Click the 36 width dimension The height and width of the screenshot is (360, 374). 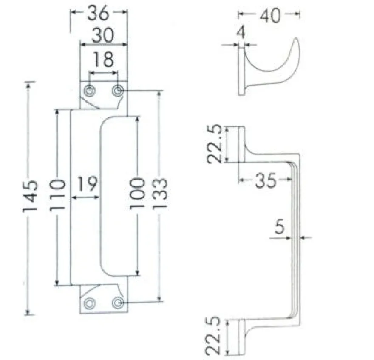click(98, 13)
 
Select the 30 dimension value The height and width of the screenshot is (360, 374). click(103, 35)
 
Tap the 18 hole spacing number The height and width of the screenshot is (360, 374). click(103, 59)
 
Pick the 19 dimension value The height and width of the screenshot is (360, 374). click(87, 184)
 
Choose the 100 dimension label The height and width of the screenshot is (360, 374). click(137, 194)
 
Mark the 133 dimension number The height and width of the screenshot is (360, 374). click(160, 194)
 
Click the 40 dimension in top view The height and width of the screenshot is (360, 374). click(270, 15)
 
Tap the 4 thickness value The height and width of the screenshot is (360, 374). click(241, 32)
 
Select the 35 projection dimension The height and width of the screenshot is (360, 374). click(266, 180)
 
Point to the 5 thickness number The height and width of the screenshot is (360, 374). click(280, 226)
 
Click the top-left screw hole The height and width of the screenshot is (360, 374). click(90, 91)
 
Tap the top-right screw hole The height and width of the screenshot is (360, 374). click(118, 91)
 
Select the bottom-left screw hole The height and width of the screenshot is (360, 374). click(90, 303)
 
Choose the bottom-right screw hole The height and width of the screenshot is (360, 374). click(118, 303)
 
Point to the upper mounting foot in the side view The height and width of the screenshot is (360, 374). click(242, 144)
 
